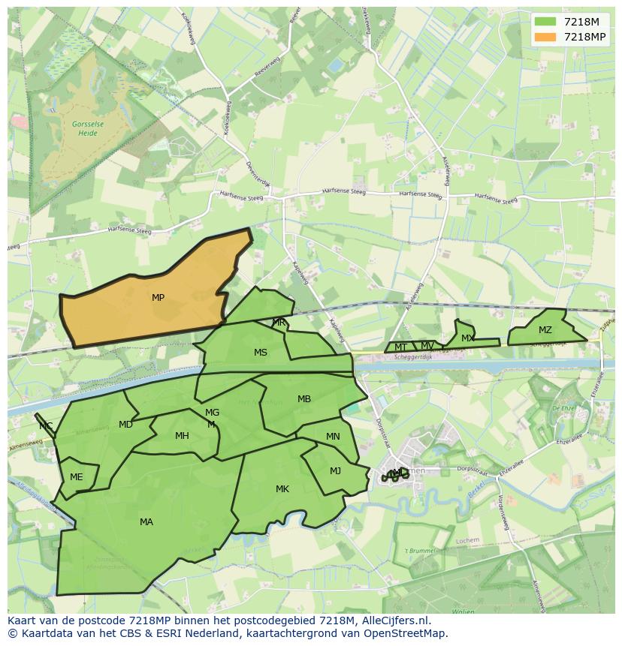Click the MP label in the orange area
tap(158, 298)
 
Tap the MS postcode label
tap(260, 353)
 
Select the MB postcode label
tap(303, 399)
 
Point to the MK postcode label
tap(282, 489)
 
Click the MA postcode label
tap(146, 522)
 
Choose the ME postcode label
tap(76, 477)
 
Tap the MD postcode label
tap(125, 425)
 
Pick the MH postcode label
tap(182, 436)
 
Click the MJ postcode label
tap(335, 471)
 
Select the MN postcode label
tap(333, 437)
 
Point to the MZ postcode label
tap(545, 330)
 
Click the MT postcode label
tap(400, 347)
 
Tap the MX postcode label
tap(467, 338)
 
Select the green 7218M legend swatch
tap(545, 22)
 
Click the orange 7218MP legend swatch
tap(545, 37)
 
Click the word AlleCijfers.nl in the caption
tap(395, 620)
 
